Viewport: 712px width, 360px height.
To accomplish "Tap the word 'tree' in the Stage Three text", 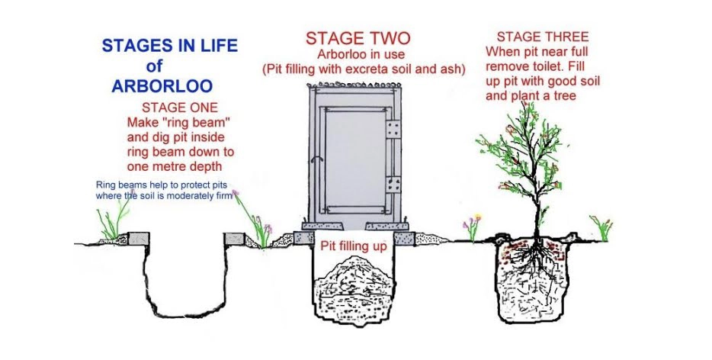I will [x=563, y=96].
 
